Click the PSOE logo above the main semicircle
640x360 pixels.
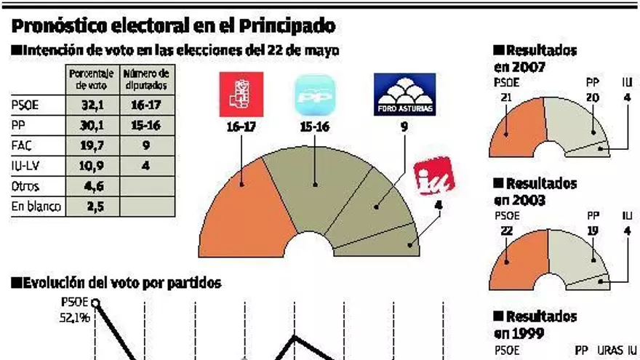point(239,95)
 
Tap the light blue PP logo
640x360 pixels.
point(314,95)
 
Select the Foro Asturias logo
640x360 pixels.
point(404,95)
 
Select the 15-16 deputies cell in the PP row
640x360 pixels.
point(146,124)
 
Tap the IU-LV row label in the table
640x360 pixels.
point(25,165)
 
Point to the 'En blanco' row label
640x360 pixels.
point(33,207)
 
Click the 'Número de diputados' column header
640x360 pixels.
point(146,79)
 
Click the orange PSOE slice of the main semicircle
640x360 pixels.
point(240,211)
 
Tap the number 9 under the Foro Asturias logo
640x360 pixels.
point(404,127)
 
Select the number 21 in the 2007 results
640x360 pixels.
point(506,97)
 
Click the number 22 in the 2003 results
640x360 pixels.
point(506,231)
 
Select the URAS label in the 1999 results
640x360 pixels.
point(609,350)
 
